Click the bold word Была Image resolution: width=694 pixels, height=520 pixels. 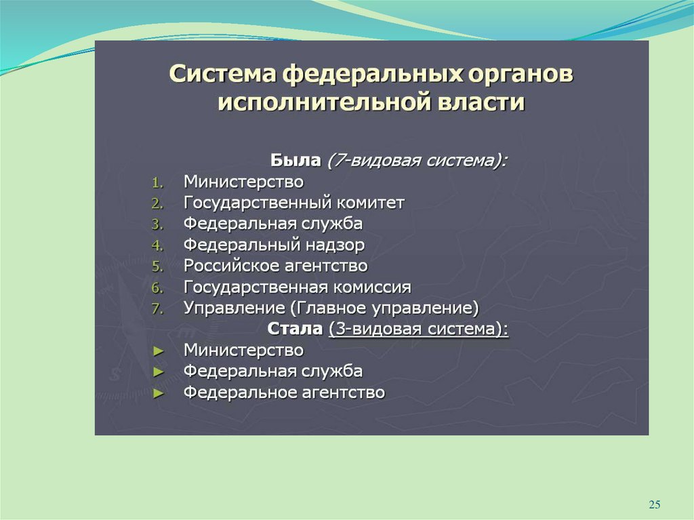295,160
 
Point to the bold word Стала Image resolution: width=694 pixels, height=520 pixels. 295,329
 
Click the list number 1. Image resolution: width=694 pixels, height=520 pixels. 157,183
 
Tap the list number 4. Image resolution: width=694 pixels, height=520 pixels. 157,245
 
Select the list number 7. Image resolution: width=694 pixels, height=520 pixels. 157,308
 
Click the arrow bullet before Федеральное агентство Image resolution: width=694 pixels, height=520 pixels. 159,393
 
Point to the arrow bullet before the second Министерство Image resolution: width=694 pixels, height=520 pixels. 159,351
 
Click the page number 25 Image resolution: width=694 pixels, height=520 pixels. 655,504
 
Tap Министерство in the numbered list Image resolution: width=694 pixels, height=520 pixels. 243,182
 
